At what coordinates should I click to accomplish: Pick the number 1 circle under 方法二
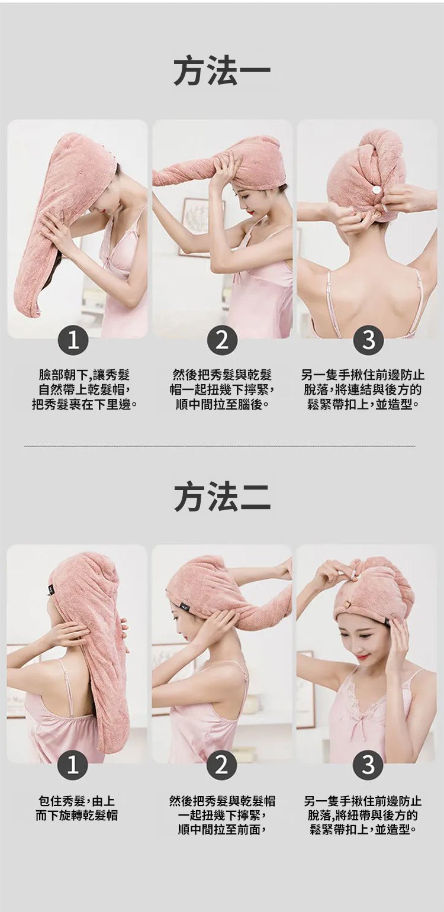point(73,766)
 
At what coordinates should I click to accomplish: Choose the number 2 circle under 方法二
point(222,766)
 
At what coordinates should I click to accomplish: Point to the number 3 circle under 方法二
point(368,766)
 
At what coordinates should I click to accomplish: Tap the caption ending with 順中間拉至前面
point(222,816)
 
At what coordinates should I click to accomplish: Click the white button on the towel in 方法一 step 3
point(377,191)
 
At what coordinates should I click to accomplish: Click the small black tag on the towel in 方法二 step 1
point(51,589)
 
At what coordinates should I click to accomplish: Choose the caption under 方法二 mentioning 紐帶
point(363,816)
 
